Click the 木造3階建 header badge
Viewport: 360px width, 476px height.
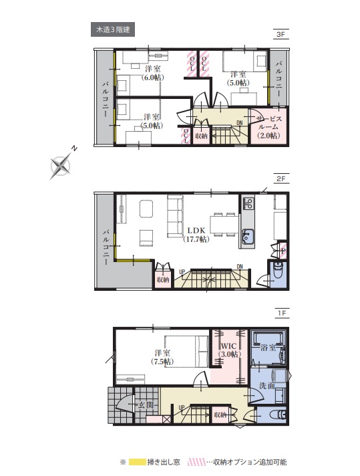[113, 29]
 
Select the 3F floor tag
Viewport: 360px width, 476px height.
[281, 34]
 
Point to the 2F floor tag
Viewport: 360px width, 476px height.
[281, 178]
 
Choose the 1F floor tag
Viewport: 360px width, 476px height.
[282, 313]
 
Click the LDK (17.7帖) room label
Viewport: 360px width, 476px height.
[196, 235]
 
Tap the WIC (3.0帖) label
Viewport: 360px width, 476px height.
[230, 350]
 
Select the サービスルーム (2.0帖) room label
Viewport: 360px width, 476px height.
[268, 127]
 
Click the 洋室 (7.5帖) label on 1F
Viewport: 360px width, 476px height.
[162, 357]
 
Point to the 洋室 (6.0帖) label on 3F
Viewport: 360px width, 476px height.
[153, 73]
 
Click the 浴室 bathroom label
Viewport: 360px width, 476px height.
[268, 348]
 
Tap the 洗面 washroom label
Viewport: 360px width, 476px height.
[267, 386]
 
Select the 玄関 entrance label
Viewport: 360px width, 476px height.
[146, 404]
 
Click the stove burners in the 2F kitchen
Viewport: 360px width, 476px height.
[248, 203]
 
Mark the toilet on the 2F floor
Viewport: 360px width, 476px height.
[277, 269]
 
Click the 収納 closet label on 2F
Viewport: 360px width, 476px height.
[162, 279]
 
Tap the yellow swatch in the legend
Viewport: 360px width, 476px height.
[137, 462]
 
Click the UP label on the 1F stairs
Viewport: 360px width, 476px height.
[182, 407]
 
